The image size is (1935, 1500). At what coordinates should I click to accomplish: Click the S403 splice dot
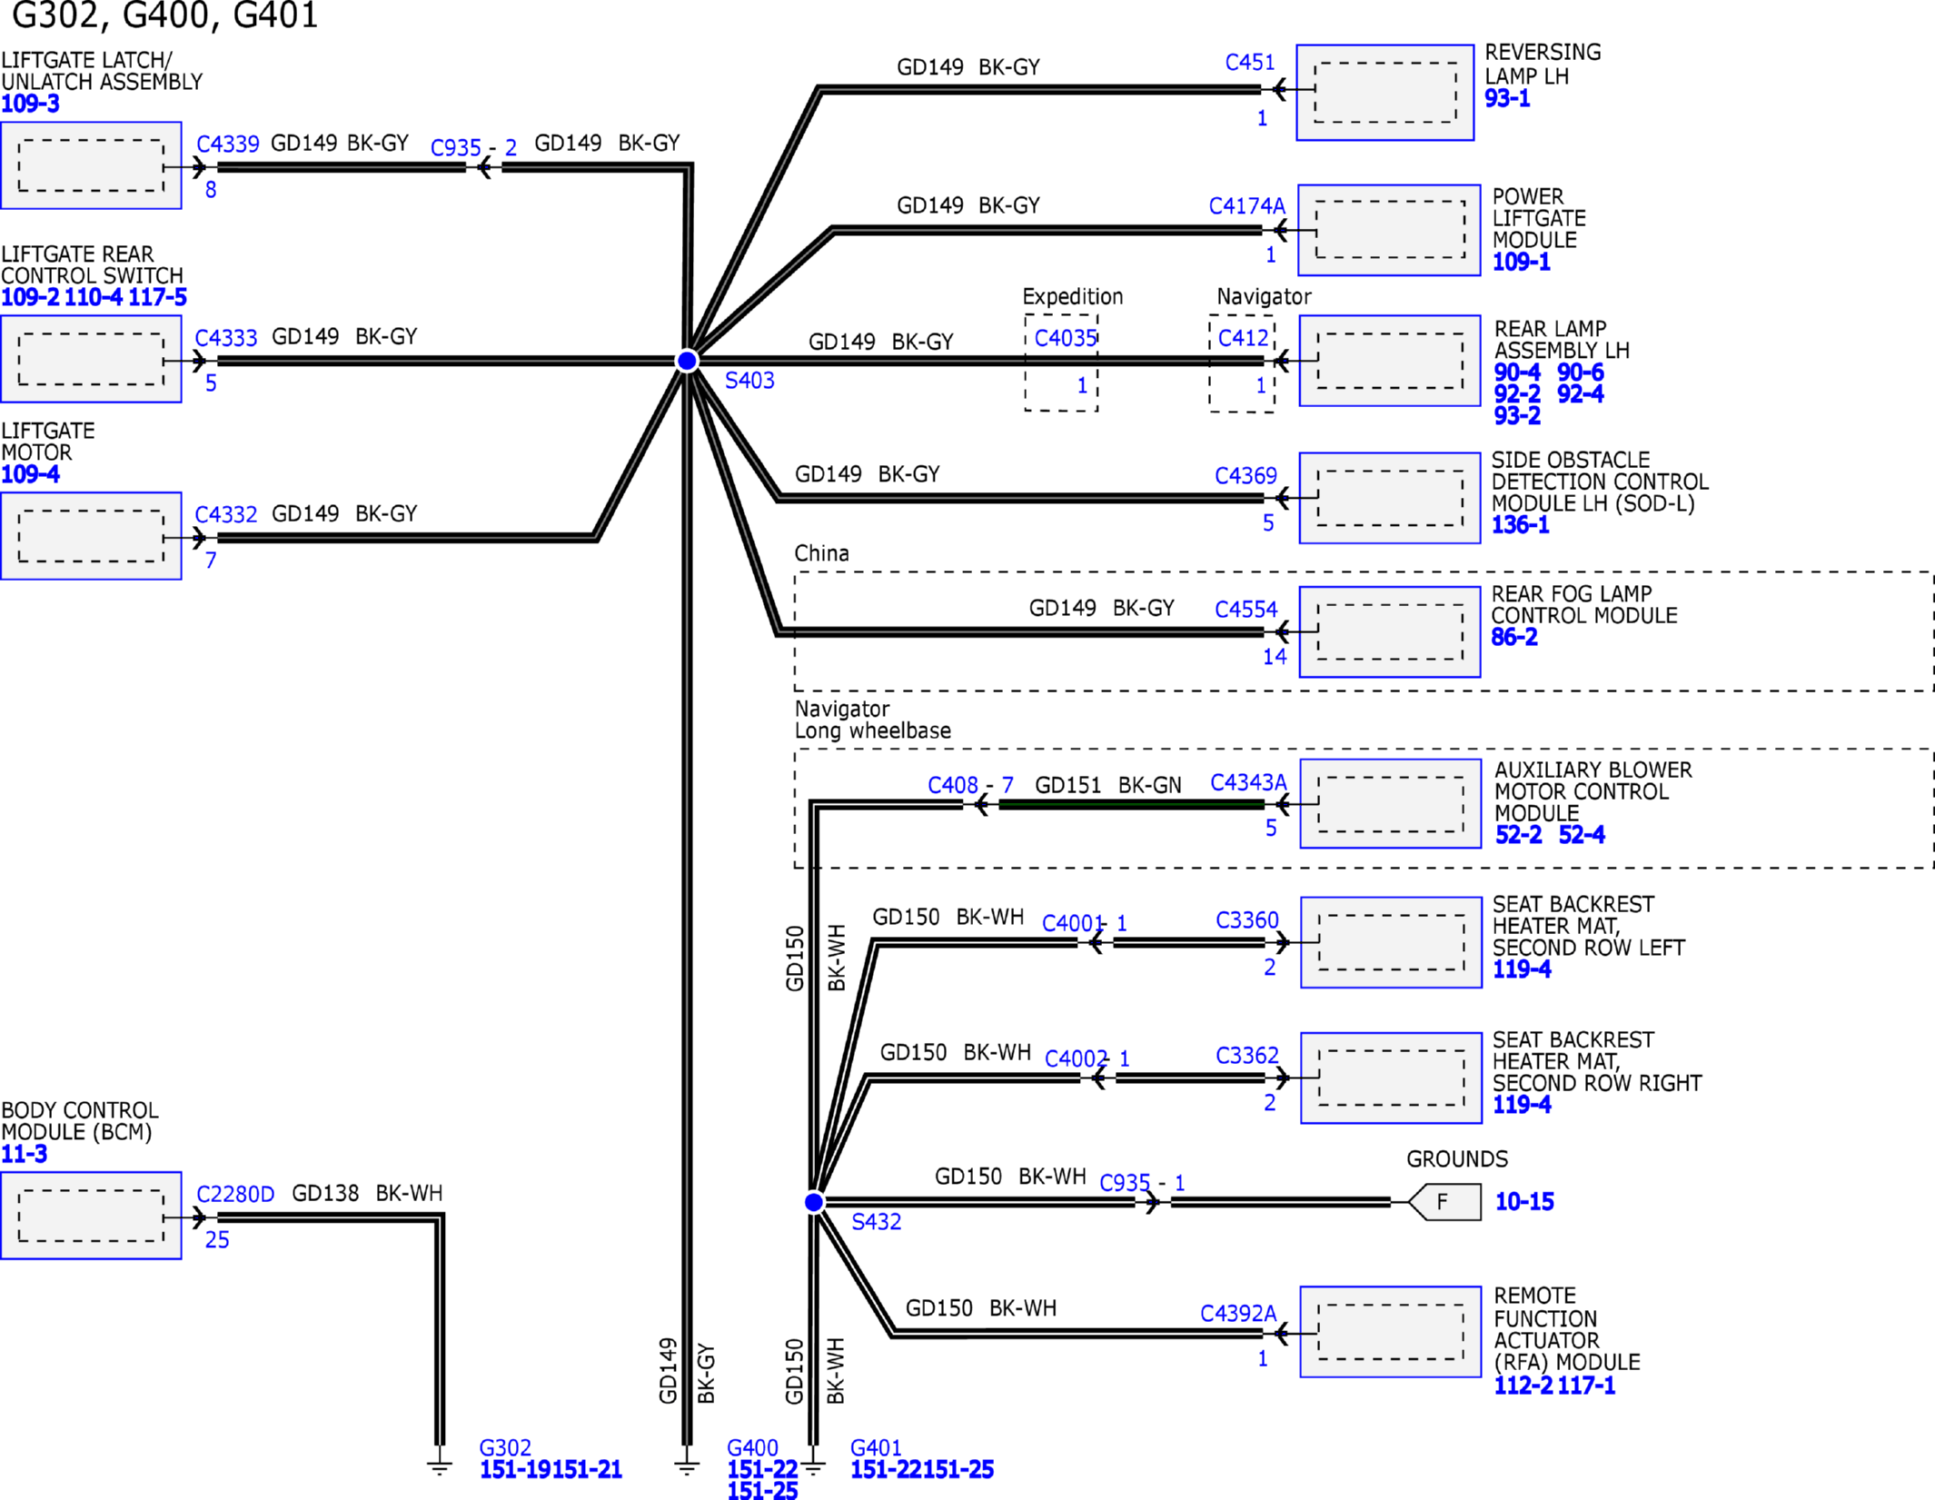(687, 361)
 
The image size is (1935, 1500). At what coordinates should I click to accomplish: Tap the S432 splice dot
(814, 1202)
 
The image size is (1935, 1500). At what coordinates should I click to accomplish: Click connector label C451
(1250, 63)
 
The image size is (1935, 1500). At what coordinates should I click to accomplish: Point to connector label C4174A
(1246, 206)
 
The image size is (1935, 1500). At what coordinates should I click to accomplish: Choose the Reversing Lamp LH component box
(1384, 93)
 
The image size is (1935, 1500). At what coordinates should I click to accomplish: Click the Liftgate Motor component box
(91, 536)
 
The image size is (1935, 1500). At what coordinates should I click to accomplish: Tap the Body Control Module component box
(91, 1216)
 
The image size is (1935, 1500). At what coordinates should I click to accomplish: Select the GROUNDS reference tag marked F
(1444, 1202)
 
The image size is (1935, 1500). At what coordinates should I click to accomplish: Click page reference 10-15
(1524, 1202)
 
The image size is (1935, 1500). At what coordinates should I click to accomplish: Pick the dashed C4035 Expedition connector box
(1061, 363)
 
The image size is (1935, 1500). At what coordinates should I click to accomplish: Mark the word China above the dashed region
(821, 553)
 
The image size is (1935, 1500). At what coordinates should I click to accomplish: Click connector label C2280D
(235, 1194)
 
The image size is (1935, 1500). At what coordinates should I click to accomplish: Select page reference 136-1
(1520, 524)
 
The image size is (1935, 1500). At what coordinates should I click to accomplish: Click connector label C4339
(228, 144)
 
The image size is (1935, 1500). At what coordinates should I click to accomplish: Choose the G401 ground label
(876, 1447)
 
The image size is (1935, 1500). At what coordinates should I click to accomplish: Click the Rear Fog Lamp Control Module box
(1390, 632)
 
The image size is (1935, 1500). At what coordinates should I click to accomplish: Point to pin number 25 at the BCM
(217, 1239)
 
